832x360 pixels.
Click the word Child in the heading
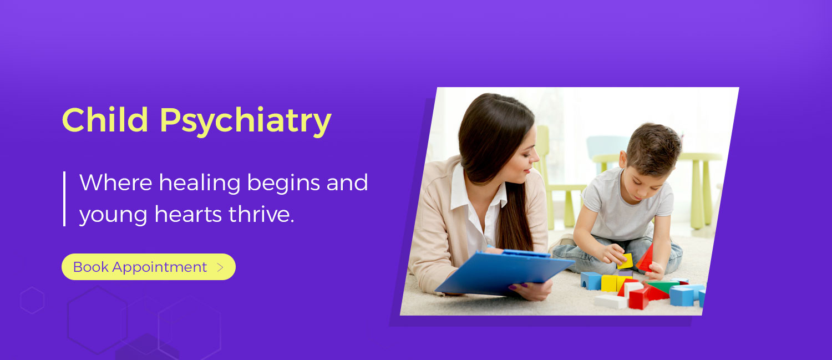[105, 119]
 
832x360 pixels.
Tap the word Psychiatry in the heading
[246, 122]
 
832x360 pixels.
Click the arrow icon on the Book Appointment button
[220, 267]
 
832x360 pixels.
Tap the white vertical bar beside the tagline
[65, 199]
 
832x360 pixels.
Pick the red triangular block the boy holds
[646, 258]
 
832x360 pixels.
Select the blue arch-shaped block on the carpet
[591, 281]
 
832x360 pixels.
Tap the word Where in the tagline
[116, 182]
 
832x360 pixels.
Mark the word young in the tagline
[113, 215]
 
